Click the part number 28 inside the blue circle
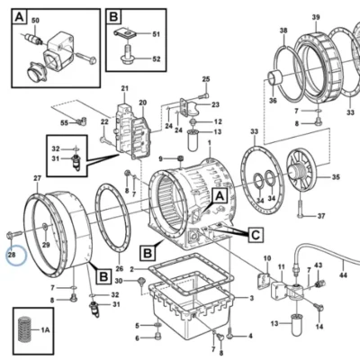(x=12, y=256)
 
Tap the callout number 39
(x=316, y=17)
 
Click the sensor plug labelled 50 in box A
(x=33, y=39)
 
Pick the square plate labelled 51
(x=125, y=32)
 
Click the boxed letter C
(x=256, y=235)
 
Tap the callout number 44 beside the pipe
(x=343, y=274)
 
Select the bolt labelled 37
(x=301, y=209)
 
